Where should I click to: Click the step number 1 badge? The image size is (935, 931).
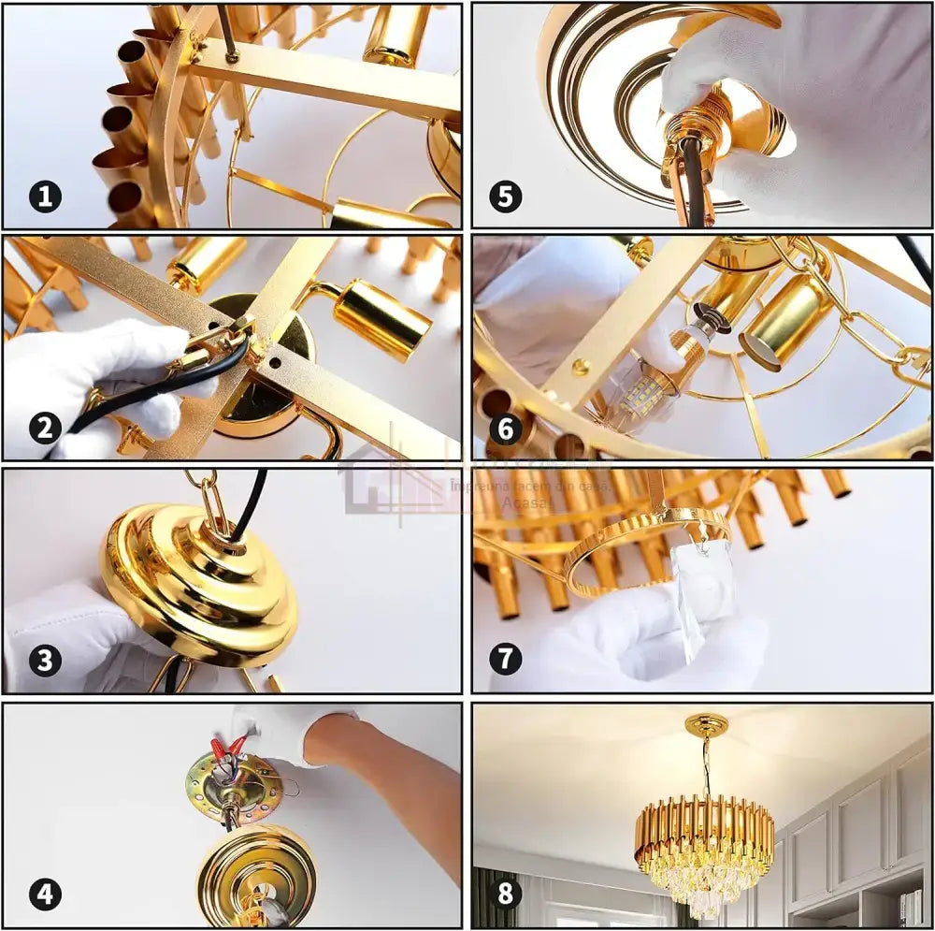tap(45, 196)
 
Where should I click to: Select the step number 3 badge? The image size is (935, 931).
tap(45, 660)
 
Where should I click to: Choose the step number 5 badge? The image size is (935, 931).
tap(506, 196)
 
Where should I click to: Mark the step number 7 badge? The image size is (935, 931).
tap(506, 660)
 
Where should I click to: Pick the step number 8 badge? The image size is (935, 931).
tap(506, 893)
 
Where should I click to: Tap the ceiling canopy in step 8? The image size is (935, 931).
tap(707, 725)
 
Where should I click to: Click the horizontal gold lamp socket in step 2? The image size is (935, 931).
tap(380, 317)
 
